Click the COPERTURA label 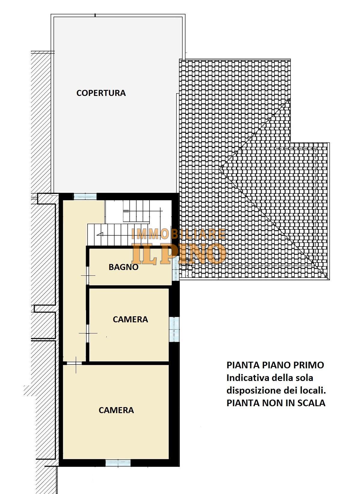(101, 93)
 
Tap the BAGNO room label (124, 267)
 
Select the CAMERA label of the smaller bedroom (130, 319)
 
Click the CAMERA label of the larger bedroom (116, 410)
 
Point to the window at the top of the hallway (85, 196)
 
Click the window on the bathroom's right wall (175, 268)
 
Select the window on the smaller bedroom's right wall (174, 329)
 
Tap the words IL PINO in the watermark (179, 254)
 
